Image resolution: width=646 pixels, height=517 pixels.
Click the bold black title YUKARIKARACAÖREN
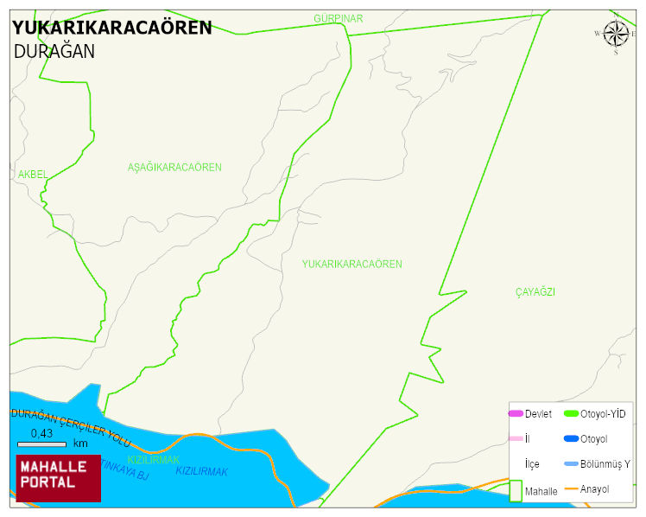point(111,28)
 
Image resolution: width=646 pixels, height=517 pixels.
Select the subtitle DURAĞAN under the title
point(54,52)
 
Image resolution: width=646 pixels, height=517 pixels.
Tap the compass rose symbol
point(616,35)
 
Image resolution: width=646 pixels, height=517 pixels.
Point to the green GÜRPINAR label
point(339,18)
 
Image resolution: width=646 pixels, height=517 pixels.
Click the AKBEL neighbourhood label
point(33,175)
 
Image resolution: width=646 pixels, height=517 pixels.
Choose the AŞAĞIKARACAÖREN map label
point(174,167)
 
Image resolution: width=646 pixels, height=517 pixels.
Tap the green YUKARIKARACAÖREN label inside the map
point(351,264)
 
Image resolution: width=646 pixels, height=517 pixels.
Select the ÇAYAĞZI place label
point(535,292)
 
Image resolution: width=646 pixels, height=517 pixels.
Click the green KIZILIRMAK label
point(154,460)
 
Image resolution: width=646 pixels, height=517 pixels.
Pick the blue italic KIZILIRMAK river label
point(202,471)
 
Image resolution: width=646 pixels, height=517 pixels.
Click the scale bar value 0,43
point(41,433)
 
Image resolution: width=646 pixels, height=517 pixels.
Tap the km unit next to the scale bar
point(80,444)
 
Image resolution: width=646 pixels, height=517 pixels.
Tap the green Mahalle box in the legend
point(516,490)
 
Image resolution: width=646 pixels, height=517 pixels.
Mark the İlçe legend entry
point(532,464)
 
